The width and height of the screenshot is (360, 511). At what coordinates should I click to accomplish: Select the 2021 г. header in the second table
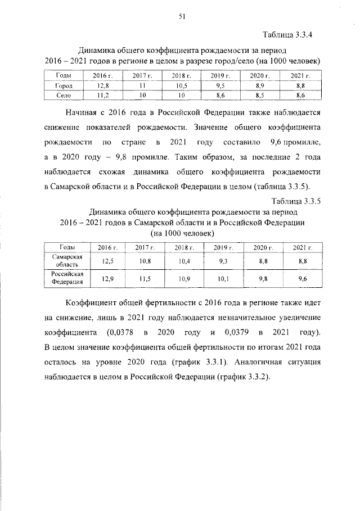coord(301,247)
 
